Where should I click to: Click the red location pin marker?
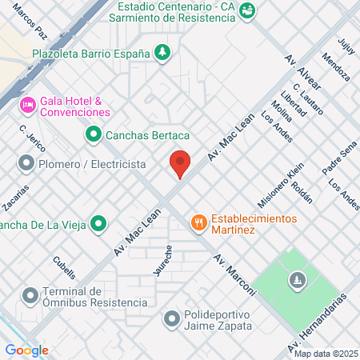click(x=180, y=164)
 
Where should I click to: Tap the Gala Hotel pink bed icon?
click(x=28, y=104)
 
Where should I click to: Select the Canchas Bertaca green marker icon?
click(x=94, y=134)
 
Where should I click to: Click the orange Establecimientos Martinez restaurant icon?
click(x=197, y=222)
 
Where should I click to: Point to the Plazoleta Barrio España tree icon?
click(x=162, y=54)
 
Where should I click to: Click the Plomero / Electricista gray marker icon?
click(x=26, y=164)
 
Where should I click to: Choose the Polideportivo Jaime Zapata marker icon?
click(x=172, y=319)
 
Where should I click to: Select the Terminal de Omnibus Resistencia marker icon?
click(x=30, y=296)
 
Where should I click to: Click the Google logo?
click(x=27, y=350)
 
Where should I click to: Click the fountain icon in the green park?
click(x=298, y=280)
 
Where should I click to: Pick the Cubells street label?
click(x=63, y=265)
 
